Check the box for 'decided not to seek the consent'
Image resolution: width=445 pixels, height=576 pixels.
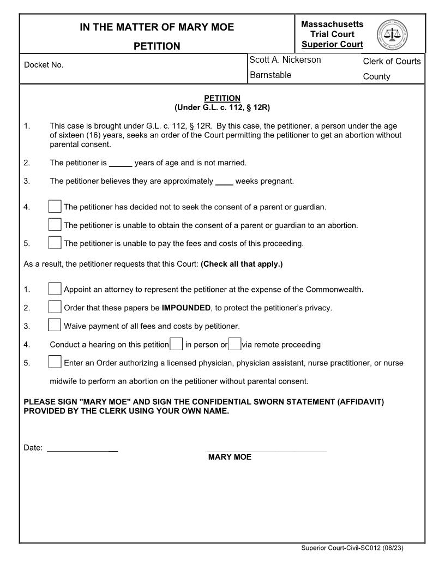tap(55, 207)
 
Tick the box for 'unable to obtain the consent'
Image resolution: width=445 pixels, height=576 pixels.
tap(55, 225)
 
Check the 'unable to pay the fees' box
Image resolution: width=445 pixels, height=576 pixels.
tap(55, 243)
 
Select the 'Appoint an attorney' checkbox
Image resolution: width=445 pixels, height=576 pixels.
tap(55, 289)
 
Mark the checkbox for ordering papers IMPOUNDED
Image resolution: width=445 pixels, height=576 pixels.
tap(55, 307)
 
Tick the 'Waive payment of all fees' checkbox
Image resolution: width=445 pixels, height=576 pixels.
tap(55, 326)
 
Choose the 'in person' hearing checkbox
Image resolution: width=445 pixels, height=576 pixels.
tap(176, 344)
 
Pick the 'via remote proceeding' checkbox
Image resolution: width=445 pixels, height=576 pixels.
tap(234, 344)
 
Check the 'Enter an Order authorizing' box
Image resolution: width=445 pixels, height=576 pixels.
tap(55, 362)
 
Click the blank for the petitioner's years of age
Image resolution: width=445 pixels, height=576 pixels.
tap(121, 163)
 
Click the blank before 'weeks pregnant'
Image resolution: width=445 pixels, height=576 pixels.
tap(224, 182)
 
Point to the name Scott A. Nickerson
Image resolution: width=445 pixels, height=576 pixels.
tap(285, 60)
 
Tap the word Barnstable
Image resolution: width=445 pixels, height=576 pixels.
tap(270, 75)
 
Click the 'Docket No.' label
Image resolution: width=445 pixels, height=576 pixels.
tap(44, 65)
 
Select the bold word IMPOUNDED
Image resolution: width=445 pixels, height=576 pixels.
tap(186, 308)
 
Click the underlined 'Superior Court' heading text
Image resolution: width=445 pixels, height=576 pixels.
tap(332, 45)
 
